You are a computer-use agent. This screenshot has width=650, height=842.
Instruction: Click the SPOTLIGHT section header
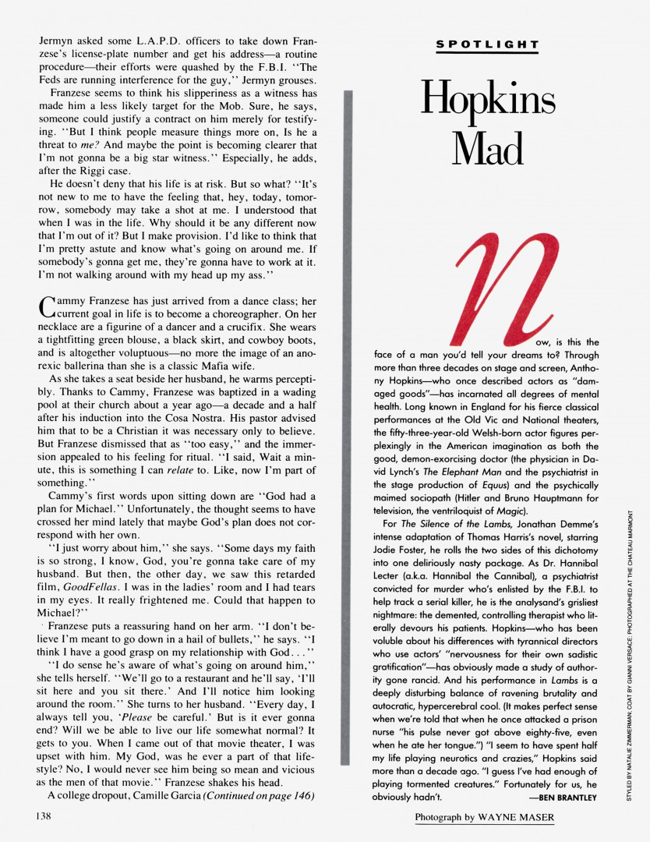click(x=487, y=44)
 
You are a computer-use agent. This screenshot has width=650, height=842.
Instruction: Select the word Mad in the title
click(x=488, y=143)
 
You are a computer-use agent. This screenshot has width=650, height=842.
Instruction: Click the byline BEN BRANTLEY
click(x=567, y=798)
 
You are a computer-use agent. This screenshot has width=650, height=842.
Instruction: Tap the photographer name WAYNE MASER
click(x=532, y=817)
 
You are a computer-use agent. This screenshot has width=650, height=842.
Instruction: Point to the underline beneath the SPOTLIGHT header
click(x=487, y=53)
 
